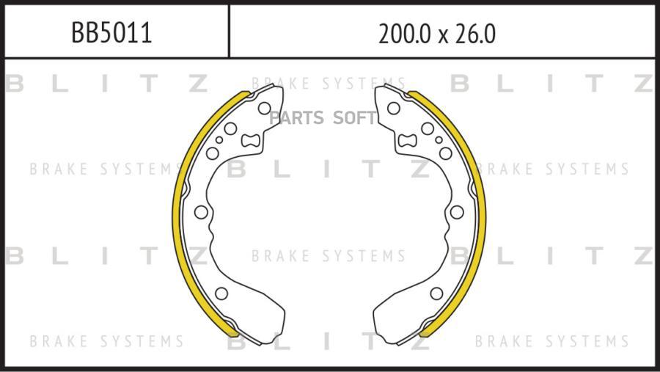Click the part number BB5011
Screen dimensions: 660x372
111,33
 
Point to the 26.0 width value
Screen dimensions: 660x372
474,34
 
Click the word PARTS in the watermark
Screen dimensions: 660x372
296,118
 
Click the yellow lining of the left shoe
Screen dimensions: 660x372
177,211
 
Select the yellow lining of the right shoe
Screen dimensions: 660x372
482,211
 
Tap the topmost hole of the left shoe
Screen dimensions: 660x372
264,109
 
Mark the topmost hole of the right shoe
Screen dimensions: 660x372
394,109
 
